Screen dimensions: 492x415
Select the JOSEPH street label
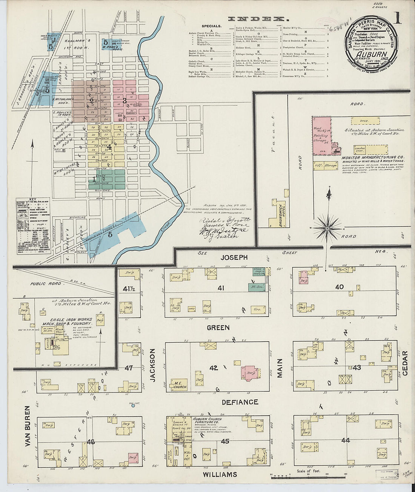[234, 257]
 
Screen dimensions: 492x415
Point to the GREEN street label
[218, 328]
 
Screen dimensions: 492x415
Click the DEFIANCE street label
[240, 402]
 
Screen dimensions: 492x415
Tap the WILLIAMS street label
[220, 475]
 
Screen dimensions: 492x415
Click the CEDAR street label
[405, 363]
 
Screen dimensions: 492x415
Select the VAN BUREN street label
[27, 426]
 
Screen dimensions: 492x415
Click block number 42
[214, 368]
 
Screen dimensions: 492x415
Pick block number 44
[345, 440]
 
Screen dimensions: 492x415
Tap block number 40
[339, 287]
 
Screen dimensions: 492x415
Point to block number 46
[91, 441]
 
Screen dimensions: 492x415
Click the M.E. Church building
[179, 384]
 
